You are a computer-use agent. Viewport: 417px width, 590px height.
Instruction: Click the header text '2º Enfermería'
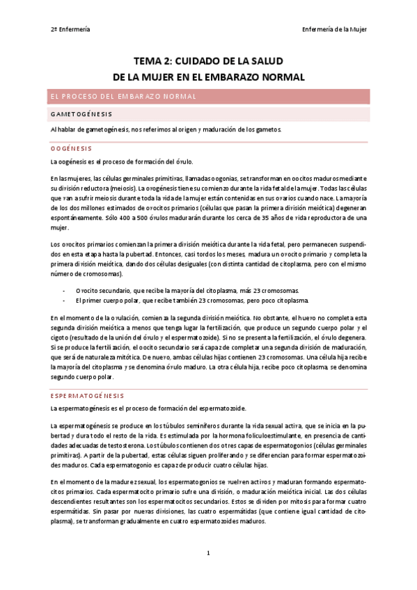(x=70, y=29)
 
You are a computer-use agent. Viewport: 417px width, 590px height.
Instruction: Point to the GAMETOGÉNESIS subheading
(x=81, y=113)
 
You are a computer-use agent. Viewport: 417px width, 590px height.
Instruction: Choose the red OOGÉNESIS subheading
(x=71, y=147)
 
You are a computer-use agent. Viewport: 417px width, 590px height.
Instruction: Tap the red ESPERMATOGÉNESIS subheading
(x=87, y=394)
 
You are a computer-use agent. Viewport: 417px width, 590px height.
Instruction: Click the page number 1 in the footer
(x=208, y=552)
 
